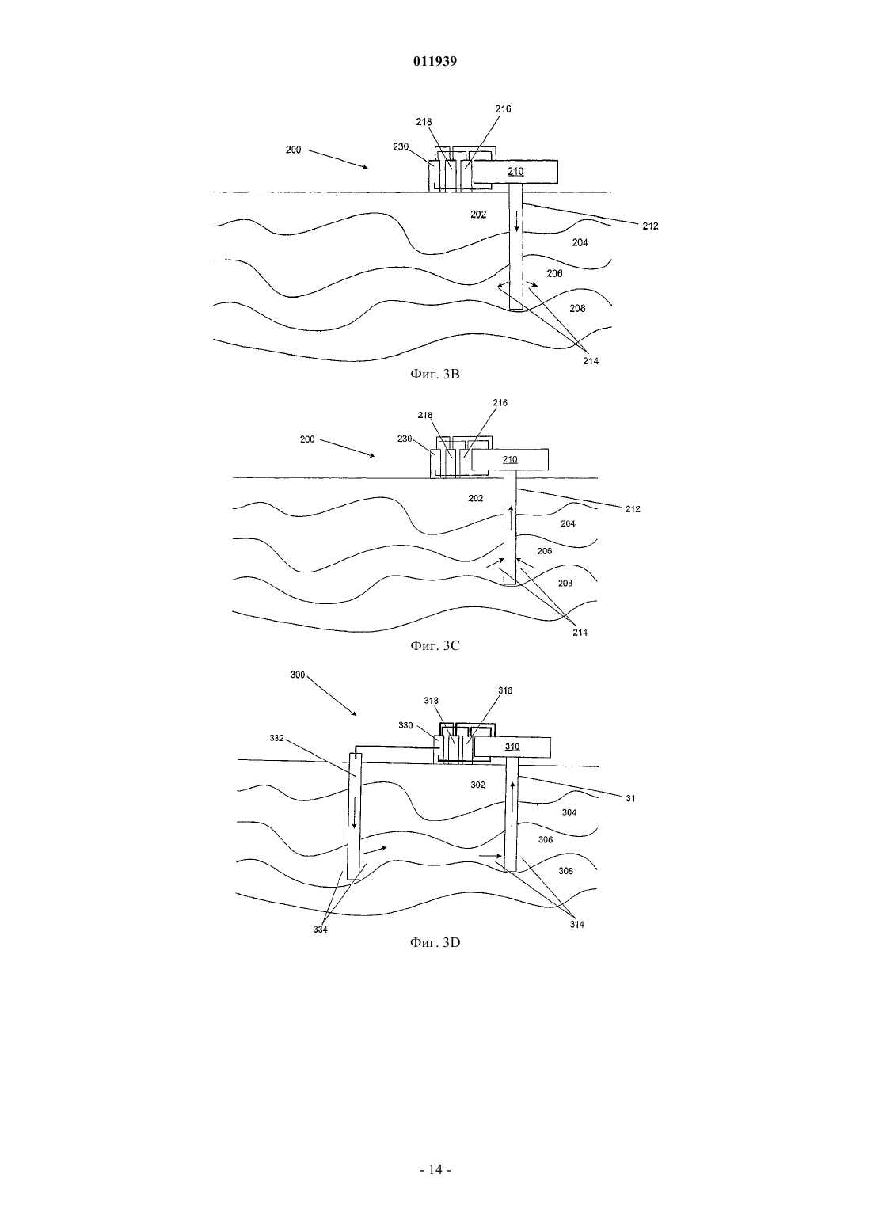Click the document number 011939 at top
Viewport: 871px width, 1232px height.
[x=435, y=61]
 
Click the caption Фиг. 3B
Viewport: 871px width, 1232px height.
[x=435, y=375]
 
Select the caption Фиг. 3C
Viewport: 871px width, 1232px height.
[x=435, y=646]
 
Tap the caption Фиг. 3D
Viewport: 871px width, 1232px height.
[x=435, y=943]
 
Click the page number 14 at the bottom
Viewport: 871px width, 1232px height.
[x=435, y=1170]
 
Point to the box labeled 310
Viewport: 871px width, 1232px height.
[x=512, y=747]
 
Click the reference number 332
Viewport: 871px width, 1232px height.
[x=276, y=738]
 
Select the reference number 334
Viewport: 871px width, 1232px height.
[x=320, y=930]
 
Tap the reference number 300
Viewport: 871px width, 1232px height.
[x=298, y=675]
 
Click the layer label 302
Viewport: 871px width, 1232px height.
[x=477, y=785]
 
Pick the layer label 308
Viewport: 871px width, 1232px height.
[x=566, y=871]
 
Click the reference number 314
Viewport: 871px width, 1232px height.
[x=576, y=925]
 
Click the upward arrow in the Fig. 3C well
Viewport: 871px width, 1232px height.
[x=511, y=518]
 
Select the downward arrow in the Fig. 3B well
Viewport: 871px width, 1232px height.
[x=516, y=221]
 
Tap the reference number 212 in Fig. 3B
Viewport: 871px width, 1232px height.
[x=650, y=226]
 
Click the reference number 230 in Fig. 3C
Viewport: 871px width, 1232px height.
[x=405, y=439]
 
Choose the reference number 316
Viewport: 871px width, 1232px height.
[x=505, y=690]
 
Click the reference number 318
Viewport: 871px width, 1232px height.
[x=431, y=701]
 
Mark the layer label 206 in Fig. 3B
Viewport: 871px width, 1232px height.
[x=554, y=273]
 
